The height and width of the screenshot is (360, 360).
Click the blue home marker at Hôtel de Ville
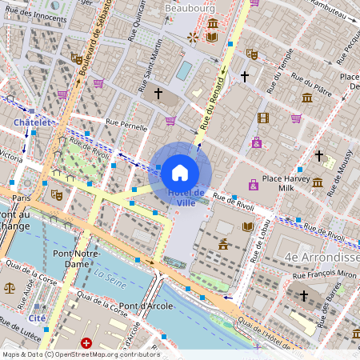pyautogui.click(x=180, y=172)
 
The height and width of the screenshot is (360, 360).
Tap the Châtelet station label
pyautogui.click(x=32, y=122)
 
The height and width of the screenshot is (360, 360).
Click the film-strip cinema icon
pyautogui.click(x=263, y=118)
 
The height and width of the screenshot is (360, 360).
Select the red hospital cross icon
pyautogui.click(x=86, y=342)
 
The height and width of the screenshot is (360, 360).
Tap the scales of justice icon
pyautogui.click(x=10, y=286)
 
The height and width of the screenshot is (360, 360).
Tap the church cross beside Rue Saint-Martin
pyautogui.click(x=158, y=94)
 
